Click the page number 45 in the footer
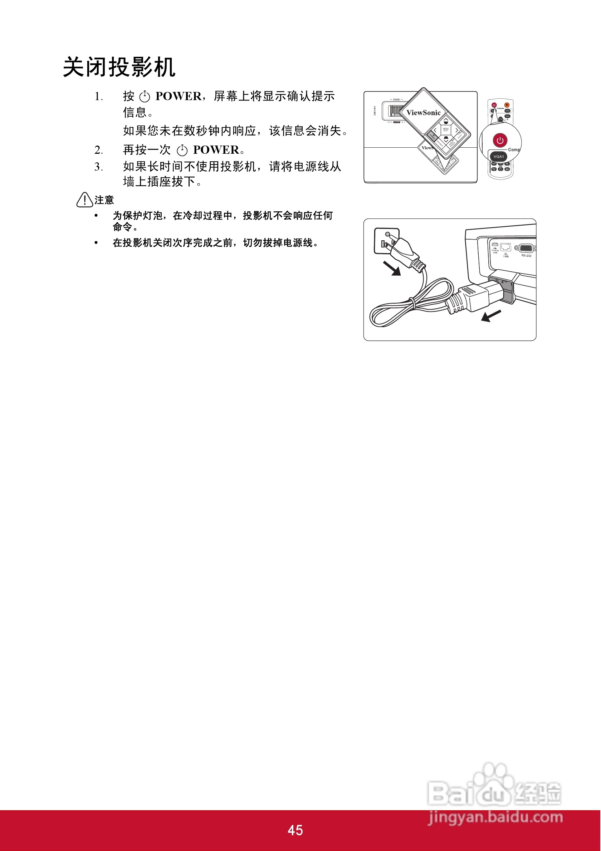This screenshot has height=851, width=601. click(x=295, y=830)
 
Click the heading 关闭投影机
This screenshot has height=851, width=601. click(x=119, y=68)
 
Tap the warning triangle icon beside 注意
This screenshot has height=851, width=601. click(x=84, y=200)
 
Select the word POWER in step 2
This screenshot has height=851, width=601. click(x=216, y=150)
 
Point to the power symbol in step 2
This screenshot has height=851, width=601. click(x=182, y=151)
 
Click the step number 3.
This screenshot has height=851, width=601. click(x=98, y=167)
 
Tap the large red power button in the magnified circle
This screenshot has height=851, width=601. click(x=500, y=140)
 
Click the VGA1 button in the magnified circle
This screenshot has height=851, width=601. click(x=499, y=157)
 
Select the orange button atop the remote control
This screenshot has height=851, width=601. click(x=507, y=105)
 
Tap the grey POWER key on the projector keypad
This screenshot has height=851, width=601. click(x=433, y=136)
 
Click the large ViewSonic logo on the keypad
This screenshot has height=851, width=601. click(x=424, y=113)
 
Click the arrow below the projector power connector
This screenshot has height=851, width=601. click(x=491, y=315)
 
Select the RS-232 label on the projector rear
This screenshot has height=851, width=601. click(x=526, y=256)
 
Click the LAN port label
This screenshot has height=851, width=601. click(x=506, y=256)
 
